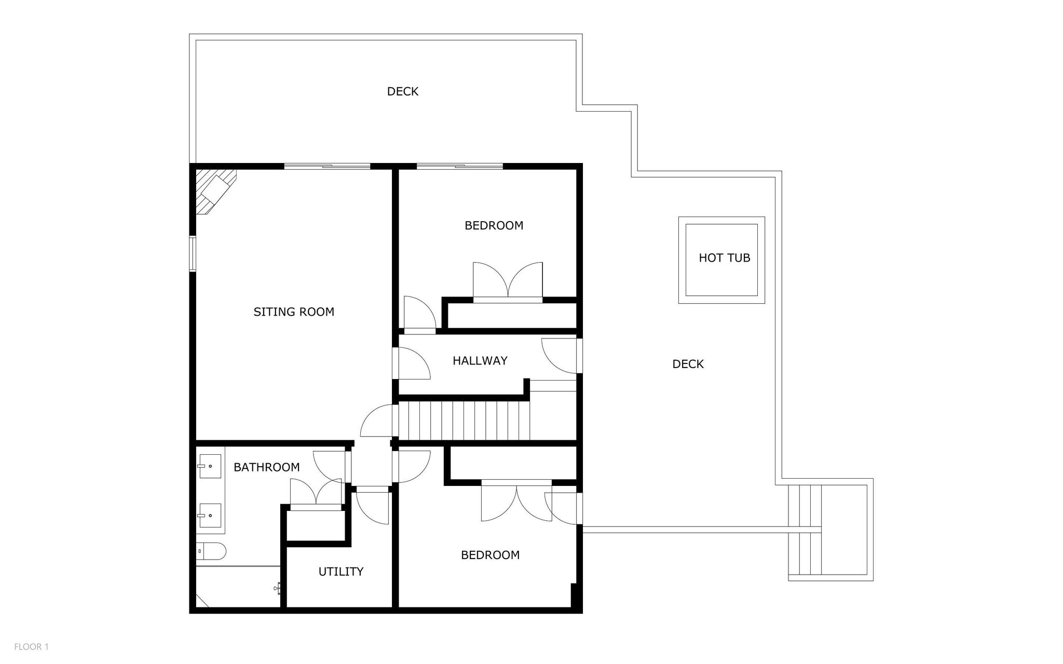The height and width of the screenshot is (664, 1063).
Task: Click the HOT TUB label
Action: (x=724, y=258)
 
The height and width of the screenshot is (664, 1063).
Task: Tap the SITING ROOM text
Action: (x=294, y=312)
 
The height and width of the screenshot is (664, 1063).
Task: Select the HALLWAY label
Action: (x=480, y=361)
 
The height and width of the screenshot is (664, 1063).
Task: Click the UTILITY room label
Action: (x=340, y=572)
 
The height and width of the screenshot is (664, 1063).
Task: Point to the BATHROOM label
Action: (x=266, y=467)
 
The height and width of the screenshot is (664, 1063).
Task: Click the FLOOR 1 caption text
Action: (x=31, y=647)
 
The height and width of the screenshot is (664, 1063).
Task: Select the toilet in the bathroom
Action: (x=211, y=551)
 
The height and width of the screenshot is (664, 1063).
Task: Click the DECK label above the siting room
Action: (x=402, y=92)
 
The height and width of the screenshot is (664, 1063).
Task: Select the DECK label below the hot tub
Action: (x=688, y=364)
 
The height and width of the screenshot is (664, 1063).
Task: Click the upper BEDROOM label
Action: (x=494, y=226)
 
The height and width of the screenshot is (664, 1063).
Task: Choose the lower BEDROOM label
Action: (x=490, y=555)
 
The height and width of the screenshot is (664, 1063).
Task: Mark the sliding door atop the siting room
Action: (x=327, y=167)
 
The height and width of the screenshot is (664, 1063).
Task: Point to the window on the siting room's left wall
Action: (x=192, y=253)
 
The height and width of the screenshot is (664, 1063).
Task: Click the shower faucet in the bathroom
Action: (x=278, y=588)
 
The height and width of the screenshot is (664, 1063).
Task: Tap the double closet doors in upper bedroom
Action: (x=508, y=283)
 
